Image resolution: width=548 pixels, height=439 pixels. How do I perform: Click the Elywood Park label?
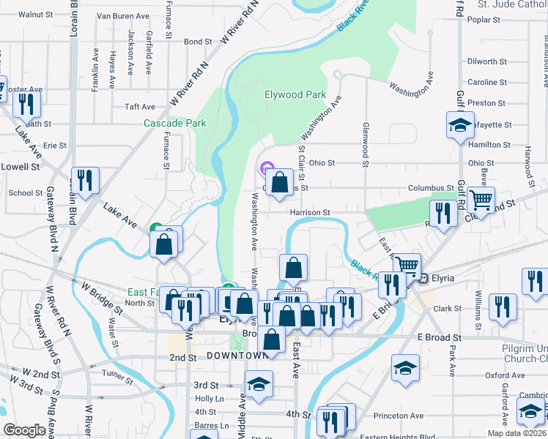click(x=295, y=94)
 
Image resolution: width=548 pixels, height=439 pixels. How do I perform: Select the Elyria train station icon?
click(x=423, y=278)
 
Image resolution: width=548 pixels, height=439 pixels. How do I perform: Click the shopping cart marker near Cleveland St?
click(x=481, y=200)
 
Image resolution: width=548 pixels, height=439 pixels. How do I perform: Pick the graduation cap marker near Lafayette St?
click(x=460, y=124)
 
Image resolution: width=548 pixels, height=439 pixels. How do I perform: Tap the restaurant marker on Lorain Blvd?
click(x=85, y=181)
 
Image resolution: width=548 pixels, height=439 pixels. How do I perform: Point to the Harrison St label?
click(x=311, y=212)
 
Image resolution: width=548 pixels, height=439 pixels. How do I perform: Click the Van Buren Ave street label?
click(x=123, y=15)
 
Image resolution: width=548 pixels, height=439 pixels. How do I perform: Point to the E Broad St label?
click(x=439, y=338)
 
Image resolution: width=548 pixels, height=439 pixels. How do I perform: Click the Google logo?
click(x=24, y=430)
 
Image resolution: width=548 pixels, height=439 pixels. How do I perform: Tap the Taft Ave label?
click(x=139, y=107)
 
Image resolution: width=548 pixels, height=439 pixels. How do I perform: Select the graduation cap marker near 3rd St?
click(x=259, y=385)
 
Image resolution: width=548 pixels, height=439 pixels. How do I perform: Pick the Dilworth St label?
click(x=481, y=62)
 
